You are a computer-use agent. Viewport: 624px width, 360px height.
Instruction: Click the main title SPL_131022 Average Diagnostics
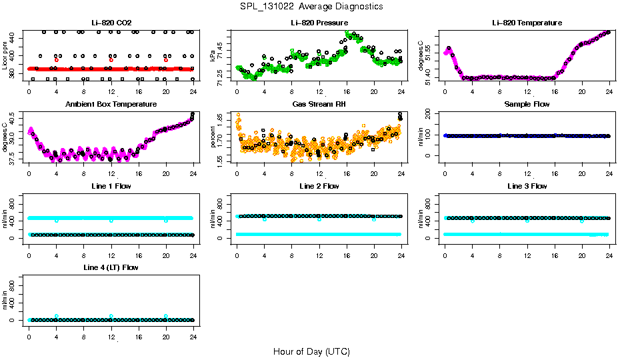(x=312, y=6)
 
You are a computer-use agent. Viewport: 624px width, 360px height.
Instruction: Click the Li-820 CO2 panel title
(x=111, y=23)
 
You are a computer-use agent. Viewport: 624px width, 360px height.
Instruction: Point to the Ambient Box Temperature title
(x=111, y=104)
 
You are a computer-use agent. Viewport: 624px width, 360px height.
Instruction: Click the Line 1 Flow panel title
(x=111, y=186)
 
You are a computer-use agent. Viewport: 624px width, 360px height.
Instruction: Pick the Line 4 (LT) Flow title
(x=111, y=267)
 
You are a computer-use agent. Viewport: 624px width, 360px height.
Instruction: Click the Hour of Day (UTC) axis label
(x=311, y=351)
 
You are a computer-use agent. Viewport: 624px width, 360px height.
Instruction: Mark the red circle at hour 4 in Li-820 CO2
(x=57, y=60)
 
